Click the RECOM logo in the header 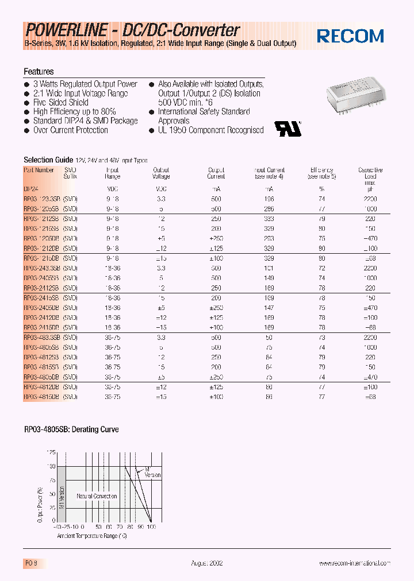350,36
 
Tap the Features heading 39,72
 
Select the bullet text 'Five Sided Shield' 61,103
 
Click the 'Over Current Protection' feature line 70,130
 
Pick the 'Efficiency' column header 322,171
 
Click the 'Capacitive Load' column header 370,171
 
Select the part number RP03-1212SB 42,219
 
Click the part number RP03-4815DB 42,397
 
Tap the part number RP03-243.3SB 42,268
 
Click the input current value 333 269,219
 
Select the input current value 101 269,268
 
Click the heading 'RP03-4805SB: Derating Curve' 71,429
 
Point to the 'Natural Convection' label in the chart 97,496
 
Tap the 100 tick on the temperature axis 152,526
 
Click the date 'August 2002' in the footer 206,564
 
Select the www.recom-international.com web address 355,564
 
